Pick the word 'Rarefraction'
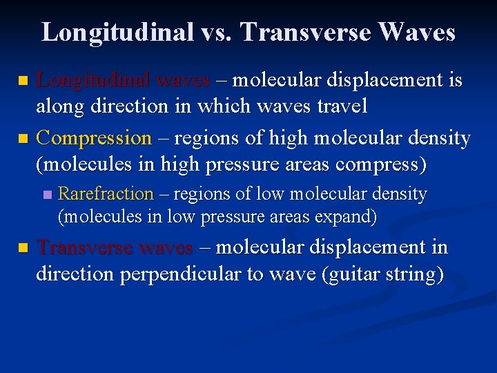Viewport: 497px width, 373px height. [x=106, y=194]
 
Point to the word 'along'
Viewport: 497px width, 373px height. [x=58, y=107]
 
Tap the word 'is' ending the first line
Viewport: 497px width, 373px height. [x=455, y=81]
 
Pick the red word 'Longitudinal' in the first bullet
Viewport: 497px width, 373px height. [x=93, y=81]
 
